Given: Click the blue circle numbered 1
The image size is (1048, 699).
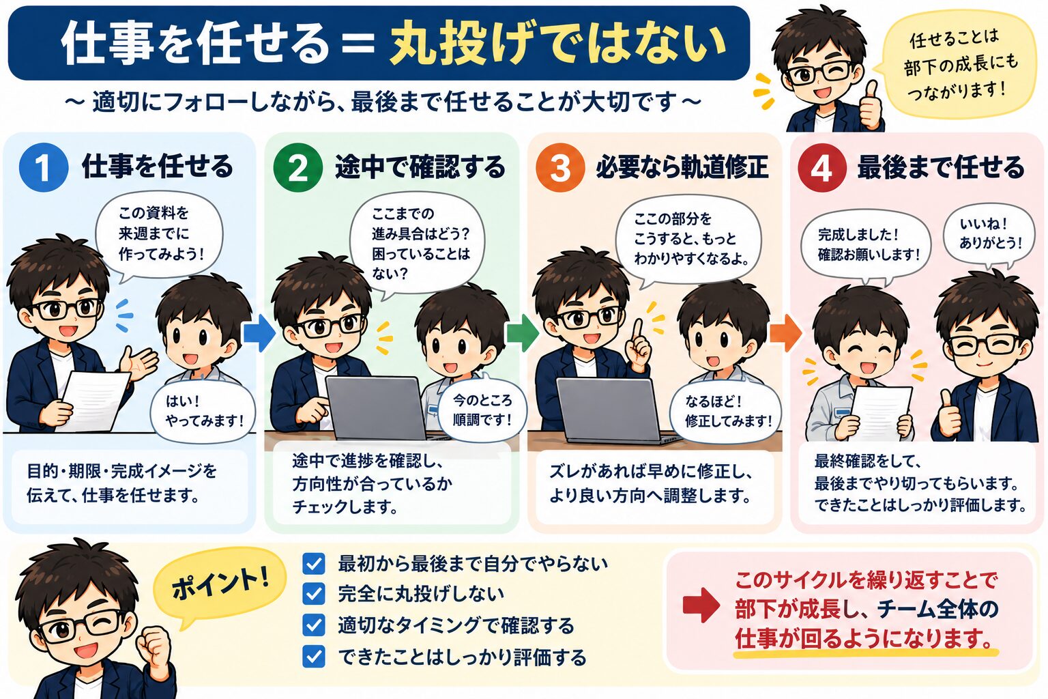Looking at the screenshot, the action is (x=44, y=167).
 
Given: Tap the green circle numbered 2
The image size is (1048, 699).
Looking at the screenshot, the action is (x=297, y=167).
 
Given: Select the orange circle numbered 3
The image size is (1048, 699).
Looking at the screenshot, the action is (x=560, y=167).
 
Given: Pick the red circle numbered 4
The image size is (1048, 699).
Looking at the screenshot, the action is (x=821, y=167).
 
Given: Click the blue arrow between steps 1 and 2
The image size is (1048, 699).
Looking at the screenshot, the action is (x=259, y=333).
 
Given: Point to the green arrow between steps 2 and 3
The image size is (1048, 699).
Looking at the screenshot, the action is (x=522, y=333).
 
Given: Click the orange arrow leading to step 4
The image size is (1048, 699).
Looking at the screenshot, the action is (x=785, y=333).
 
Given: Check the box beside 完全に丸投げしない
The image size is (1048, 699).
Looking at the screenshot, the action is (x=313, y=594).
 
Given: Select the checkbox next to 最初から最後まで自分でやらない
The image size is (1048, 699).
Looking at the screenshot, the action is (x=313, y=563).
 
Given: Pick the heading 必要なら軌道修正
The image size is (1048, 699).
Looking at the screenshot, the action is (x=682, y=167).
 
